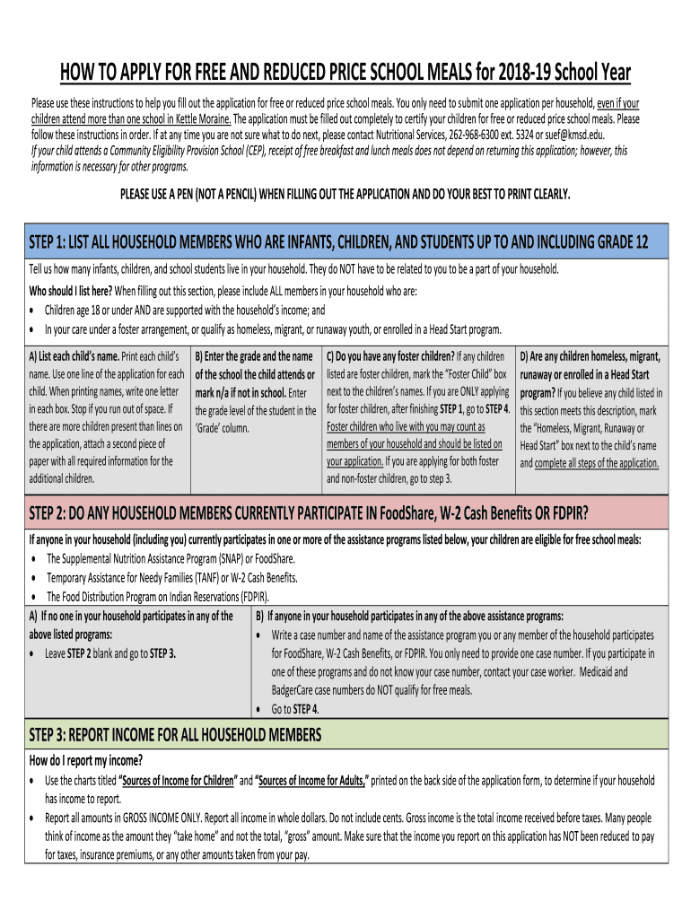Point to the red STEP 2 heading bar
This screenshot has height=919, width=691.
click(x=345, y=513)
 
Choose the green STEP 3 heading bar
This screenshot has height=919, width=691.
click(x=345, y=736)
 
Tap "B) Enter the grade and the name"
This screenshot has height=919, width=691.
click(x=253, y=357)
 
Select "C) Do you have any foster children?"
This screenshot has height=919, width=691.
click(x=390, y=357)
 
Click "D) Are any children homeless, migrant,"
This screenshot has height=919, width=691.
click(x=590, y=357)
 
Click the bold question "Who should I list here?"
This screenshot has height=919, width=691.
click(x=71, y=291)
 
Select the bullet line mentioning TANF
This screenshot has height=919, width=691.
click(x=171, y=577)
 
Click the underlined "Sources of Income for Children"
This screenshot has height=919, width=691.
click(x=179, y=780)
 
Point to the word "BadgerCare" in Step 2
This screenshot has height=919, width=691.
click(x=300, y=690)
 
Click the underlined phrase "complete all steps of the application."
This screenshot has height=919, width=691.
click(x=597, y=463)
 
